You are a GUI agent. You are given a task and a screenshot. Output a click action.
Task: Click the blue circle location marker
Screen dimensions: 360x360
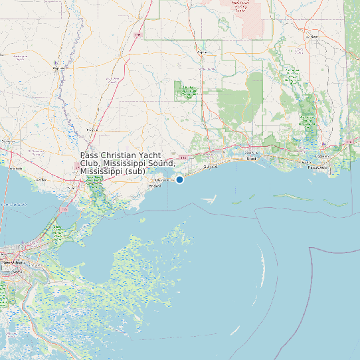(179, 179)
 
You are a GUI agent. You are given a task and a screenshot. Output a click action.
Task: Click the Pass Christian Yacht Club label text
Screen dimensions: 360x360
(127, 163)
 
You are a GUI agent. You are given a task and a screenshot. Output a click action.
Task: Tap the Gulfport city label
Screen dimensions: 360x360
(211, 167)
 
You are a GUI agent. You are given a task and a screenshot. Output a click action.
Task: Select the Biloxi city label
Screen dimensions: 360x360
(251, 159)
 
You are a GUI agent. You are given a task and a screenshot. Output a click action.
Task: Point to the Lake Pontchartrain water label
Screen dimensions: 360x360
(13, 203)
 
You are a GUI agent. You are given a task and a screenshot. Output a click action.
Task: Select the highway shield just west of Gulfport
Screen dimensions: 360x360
(183, 157)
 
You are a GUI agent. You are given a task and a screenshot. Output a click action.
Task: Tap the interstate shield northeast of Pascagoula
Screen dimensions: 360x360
(349, 141)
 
